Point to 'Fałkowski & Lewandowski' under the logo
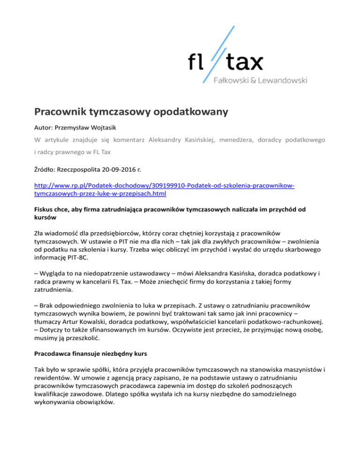pos(261,81)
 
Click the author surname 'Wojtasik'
pos(106,127)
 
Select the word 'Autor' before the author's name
pos(44,127)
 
